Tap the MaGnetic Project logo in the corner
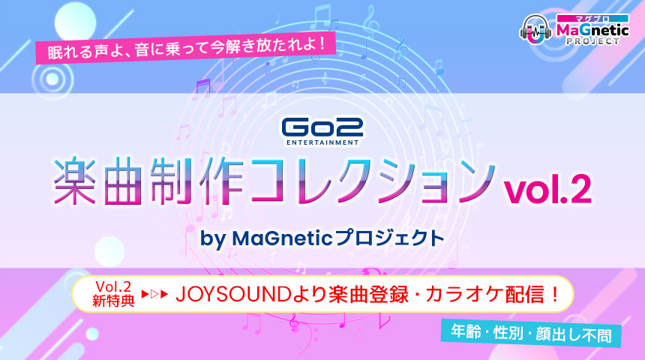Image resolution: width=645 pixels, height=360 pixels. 574,29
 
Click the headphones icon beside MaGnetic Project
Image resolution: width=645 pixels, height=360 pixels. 535,29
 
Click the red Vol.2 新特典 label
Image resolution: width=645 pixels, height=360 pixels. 113,294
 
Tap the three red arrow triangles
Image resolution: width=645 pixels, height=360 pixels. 154,294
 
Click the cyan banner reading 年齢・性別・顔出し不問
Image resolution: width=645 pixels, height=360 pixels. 531,332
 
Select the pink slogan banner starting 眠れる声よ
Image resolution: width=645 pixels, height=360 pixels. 186,48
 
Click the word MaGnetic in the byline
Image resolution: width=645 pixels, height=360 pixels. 282,238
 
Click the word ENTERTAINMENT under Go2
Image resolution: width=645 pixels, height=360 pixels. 322,142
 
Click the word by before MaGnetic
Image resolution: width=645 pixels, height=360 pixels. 213,239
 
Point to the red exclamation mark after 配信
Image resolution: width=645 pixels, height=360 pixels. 554,295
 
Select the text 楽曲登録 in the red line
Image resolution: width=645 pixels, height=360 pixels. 367,295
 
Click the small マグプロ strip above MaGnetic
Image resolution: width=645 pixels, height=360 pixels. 592,19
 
